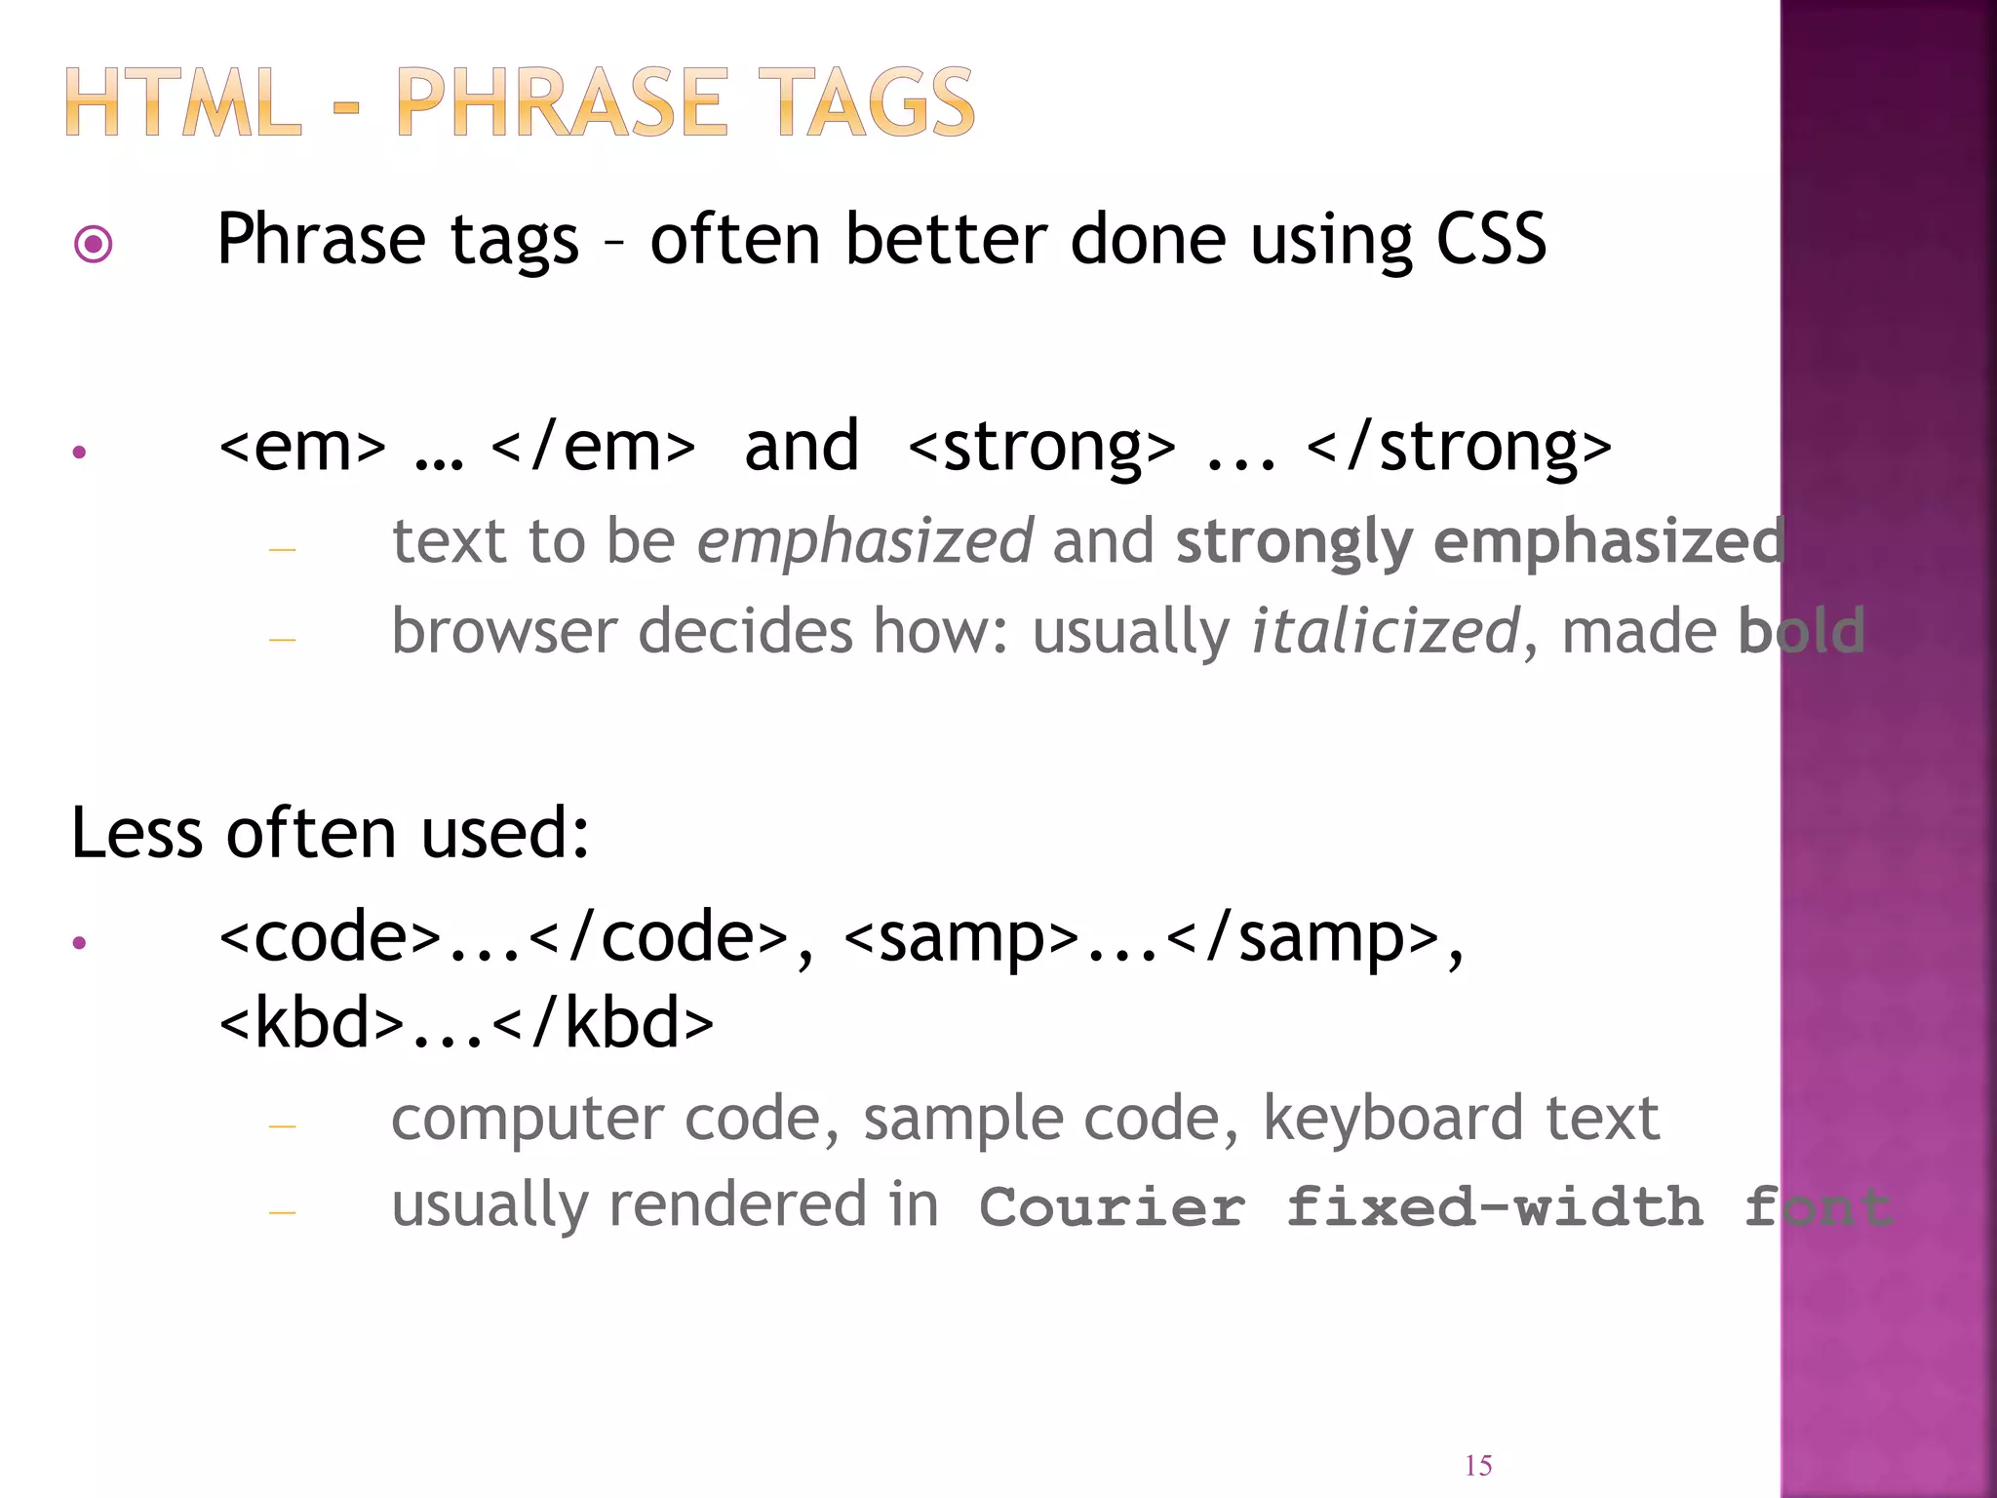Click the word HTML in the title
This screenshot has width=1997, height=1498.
183,102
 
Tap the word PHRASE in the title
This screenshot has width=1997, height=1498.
562,102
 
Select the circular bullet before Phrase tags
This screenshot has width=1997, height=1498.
94,243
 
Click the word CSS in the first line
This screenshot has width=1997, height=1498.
1491,239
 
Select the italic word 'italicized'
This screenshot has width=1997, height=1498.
1385,631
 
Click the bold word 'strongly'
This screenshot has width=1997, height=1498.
1293,542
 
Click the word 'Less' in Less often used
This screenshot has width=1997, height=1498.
137,834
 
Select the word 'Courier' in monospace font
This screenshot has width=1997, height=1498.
1112,1207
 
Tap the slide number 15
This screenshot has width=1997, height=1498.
1478,1466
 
